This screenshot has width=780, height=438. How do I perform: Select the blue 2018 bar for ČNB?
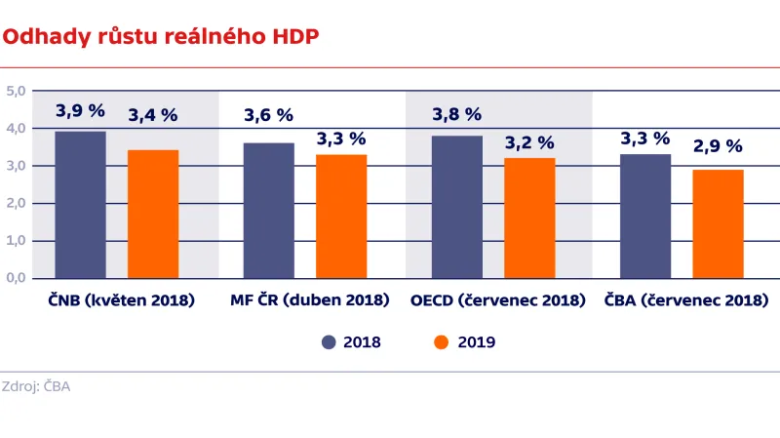(x=80, y=205)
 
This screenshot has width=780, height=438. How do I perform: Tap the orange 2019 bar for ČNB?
(x=153, y=215)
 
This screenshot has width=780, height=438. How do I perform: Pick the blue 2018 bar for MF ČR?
(x=268, y=211)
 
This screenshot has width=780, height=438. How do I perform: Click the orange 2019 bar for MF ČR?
(x=341, y=217)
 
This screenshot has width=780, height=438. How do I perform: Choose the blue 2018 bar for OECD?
(x=457, y=207)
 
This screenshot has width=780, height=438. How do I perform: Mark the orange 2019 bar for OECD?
(x=529, y=219)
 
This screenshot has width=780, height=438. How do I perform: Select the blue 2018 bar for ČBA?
(x=645, y=217)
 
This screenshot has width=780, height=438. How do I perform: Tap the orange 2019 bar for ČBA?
(x=718, y=224)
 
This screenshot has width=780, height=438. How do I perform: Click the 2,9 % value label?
(x=718, y=146)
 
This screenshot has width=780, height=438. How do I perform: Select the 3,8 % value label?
(x=457, y=114)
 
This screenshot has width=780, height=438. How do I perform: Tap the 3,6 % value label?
(x=268, y=115)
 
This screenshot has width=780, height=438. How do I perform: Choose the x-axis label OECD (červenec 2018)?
(x=498, y=300)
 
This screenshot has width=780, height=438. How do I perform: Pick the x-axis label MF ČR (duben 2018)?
(x=310, y=300)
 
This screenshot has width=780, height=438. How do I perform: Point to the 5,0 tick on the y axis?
(x=16, y=91)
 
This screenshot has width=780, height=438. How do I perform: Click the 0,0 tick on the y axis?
(x=16, y=278)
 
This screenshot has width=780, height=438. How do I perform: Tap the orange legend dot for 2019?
(x=441, y=342)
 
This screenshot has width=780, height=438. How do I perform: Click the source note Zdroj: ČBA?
(x=36, y=386)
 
